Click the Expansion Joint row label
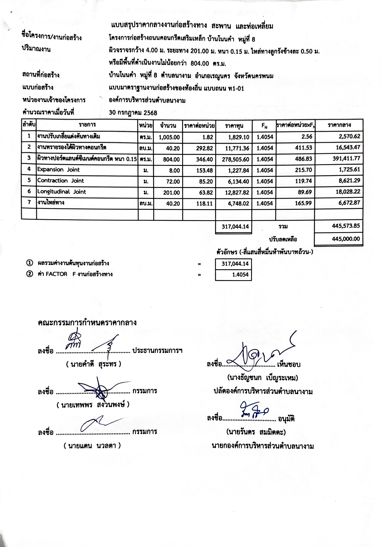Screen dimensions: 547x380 pos(58,170)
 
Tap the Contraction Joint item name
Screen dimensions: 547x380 pos(61,181)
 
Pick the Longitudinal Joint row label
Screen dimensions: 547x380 pos(62,192)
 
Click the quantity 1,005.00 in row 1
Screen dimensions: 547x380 pos(169,137)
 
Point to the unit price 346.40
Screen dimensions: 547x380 pos(204,159)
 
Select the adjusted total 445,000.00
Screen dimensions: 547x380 pos(346,239)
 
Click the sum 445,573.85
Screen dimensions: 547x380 pos(346,226)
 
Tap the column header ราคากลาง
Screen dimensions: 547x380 pos(339,125)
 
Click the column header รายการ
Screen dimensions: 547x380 pos(87,125)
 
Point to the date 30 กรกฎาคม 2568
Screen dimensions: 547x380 pos(133,113)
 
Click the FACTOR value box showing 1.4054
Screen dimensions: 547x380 pos(233,274)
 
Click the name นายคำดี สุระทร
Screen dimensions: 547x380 pos(93,364)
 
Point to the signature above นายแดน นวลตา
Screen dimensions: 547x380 pos(97,424)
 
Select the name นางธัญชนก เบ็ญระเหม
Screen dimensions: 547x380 pos(262,378)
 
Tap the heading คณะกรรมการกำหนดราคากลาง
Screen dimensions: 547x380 pos(87,322)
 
